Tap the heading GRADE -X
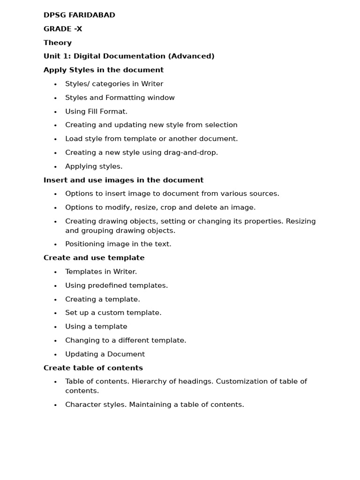[x=63, y=29]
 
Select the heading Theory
[x=58, y=43]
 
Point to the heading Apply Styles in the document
[x=104, y=70]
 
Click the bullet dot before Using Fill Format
[x=55, y=112]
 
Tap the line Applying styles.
[x=94, y=166]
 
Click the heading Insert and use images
[x=123, y=180]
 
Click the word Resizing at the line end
[x=300, y=221]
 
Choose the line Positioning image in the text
[x=118, y=244]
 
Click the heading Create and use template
[x=94, y=258]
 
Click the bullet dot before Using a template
[x=55, y=327]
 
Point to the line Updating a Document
[x=105, y=354]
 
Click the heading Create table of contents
[x=93, y=368]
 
